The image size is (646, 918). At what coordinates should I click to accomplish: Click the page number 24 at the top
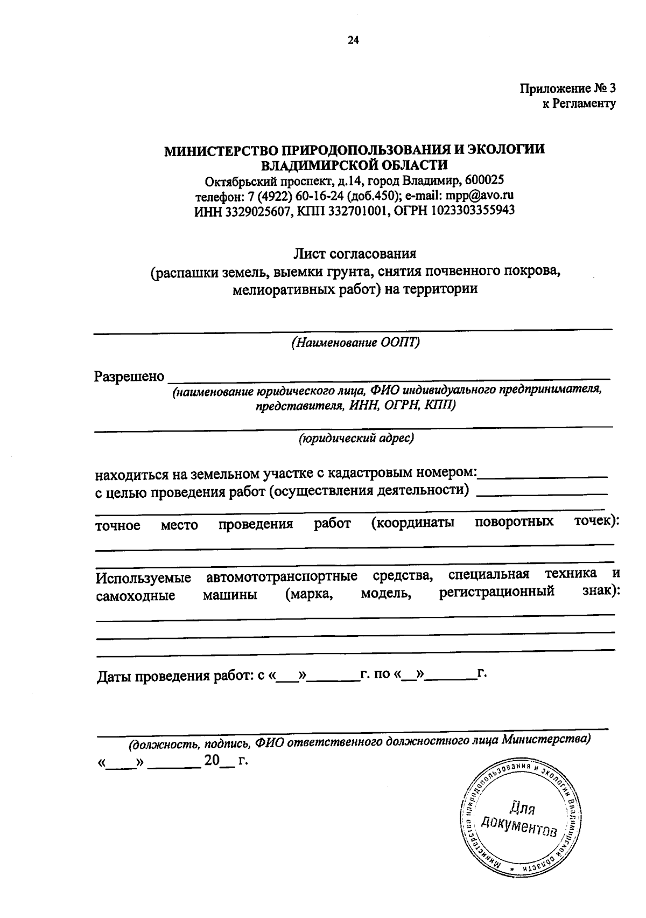tap(353, 40)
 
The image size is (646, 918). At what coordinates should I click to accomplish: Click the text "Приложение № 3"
tap(567, 88)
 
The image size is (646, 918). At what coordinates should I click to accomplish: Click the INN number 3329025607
tap(255, 210)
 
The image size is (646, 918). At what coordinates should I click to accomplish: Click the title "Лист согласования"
tap(355, 253)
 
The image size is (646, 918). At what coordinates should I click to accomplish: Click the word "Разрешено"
tap(129, 376)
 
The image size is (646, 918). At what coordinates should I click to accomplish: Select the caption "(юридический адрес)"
tap(356, 439)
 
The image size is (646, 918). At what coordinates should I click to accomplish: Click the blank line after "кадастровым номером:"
tap(543, 474)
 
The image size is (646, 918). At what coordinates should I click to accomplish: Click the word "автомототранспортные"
tap(282, 578)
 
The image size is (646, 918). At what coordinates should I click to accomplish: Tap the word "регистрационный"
tap(496, 592)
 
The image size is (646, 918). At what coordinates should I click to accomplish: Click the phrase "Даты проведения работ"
tap(175, 676)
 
